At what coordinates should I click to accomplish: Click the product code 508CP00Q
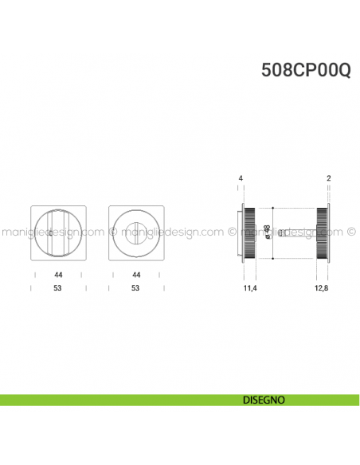pyautogui.click(x=306, y=70)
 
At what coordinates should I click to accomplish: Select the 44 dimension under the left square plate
pyautogui.click(x=58, y=275)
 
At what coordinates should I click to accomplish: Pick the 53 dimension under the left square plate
pyautogui.click(x=58, y=288)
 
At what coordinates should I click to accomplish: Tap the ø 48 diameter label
pyautogui.click(x=268, y=232)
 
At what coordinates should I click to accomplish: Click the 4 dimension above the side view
pyautogui.click(x=240, y=178)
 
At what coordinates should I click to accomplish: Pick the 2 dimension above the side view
pyautogui.click(x=328, y=178)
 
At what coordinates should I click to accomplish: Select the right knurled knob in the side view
pyautogui.click(x=322, y=232)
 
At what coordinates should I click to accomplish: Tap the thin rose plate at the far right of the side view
pyautogui.click(x=328, y=232)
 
